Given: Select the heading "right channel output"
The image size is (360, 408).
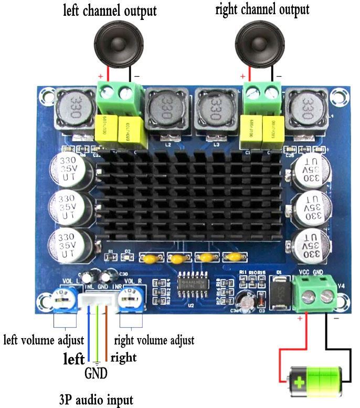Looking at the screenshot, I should click(262, 9).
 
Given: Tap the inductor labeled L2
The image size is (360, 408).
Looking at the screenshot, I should click(166, 112).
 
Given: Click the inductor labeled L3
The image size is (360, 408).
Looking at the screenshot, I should click(214, 110).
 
